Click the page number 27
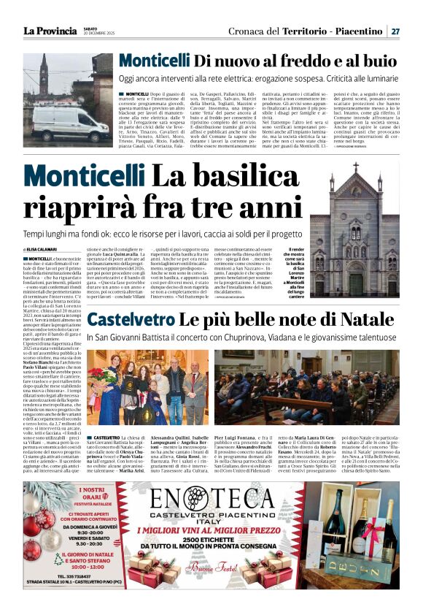click(x=395, y=31)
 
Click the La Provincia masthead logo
click(x=50, y=31)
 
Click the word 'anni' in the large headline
click(x=266, y=207)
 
